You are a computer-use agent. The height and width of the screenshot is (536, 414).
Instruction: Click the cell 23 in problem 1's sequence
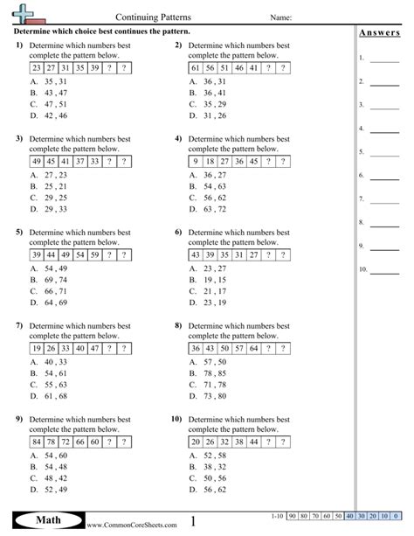click(36, 67)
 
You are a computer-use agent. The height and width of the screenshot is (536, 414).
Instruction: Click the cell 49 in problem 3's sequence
click(36, 161)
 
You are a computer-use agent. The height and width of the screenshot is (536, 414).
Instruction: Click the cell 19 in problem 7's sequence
click(36, 347)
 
